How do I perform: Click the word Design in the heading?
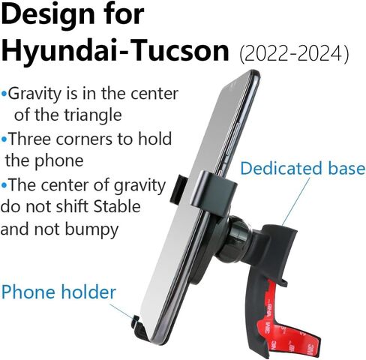click(48, 15)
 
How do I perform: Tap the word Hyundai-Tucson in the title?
click(115, 51)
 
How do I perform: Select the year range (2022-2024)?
click(294, 53)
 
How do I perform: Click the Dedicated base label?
click(303, 168)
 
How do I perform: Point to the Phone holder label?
click(58, 292)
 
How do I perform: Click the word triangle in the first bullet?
click(93, 115)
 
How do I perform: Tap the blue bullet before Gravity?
click(4, 94)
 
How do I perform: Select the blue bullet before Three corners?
click(4, 139)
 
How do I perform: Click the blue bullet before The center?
click(4, 185)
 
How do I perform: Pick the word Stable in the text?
click(117, 206)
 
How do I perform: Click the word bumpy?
click(91, 230)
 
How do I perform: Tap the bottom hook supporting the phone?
click(140, 328)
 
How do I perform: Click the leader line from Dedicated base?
click(295, 202)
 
